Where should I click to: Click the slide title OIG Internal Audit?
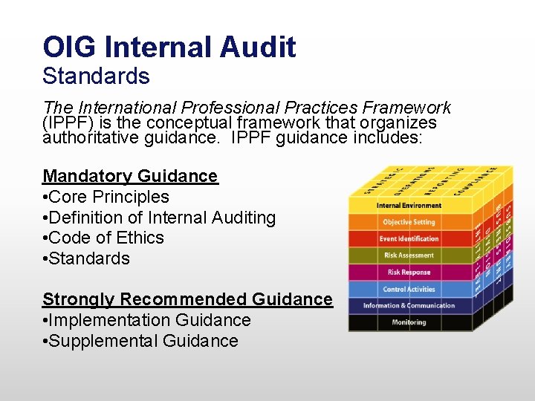169,48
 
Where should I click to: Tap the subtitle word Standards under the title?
96,76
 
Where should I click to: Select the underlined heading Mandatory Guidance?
130,177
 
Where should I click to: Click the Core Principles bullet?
106,198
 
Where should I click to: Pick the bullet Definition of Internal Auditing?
159,218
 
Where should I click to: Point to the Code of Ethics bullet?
103,238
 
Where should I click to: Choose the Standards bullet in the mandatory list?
86,259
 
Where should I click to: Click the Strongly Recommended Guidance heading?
187,300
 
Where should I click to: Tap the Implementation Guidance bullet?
146,321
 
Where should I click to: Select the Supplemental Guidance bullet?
140,342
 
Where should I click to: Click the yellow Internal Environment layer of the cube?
409,206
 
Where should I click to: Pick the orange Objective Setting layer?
409,222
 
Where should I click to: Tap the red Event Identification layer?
409,239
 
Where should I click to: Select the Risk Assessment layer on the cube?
409,255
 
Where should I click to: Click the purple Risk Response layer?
409,273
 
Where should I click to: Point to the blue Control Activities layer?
409,289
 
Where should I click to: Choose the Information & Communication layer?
409,305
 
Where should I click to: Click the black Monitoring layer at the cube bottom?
409,322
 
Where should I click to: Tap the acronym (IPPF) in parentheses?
66,123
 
